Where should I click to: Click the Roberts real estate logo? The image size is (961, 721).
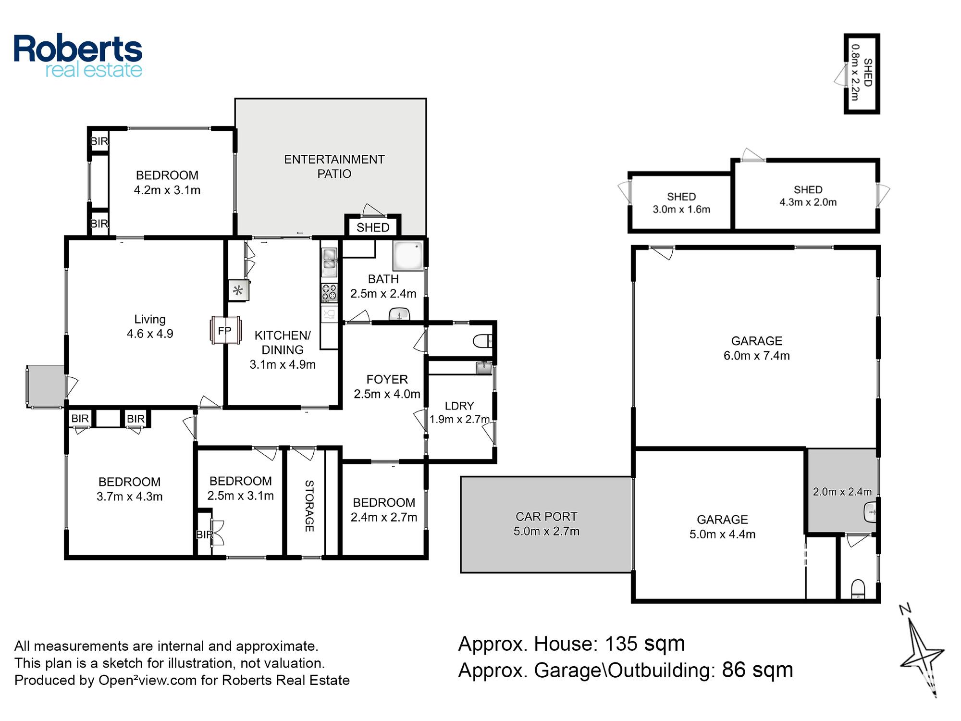pos(78,56)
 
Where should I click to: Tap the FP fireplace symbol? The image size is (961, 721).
pos(225,330)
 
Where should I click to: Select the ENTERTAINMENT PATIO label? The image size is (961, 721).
pos(334,166)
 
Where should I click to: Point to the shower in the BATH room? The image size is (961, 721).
pos(408,256)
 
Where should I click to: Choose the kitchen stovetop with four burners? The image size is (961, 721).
pos(330,293)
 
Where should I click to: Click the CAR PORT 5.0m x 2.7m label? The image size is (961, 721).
pos(546,524)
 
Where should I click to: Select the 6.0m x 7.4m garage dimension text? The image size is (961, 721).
pos(757,356)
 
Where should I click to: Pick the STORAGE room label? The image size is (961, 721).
pos(309,506)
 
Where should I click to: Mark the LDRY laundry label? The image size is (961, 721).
pos(459,406)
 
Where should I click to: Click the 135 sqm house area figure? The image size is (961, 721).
pos(644,644)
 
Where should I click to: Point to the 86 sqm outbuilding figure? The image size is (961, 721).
pos(757,670)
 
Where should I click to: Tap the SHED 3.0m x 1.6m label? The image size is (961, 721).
pos(681,203)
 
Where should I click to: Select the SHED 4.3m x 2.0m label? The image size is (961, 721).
pos(808,196)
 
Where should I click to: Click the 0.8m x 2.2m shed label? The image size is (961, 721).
pos(855,73)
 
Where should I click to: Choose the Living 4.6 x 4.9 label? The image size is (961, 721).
pos(150,326)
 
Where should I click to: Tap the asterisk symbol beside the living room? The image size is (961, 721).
pos(238,290)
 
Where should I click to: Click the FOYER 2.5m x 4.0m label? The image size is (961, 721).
pos(387,386)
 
